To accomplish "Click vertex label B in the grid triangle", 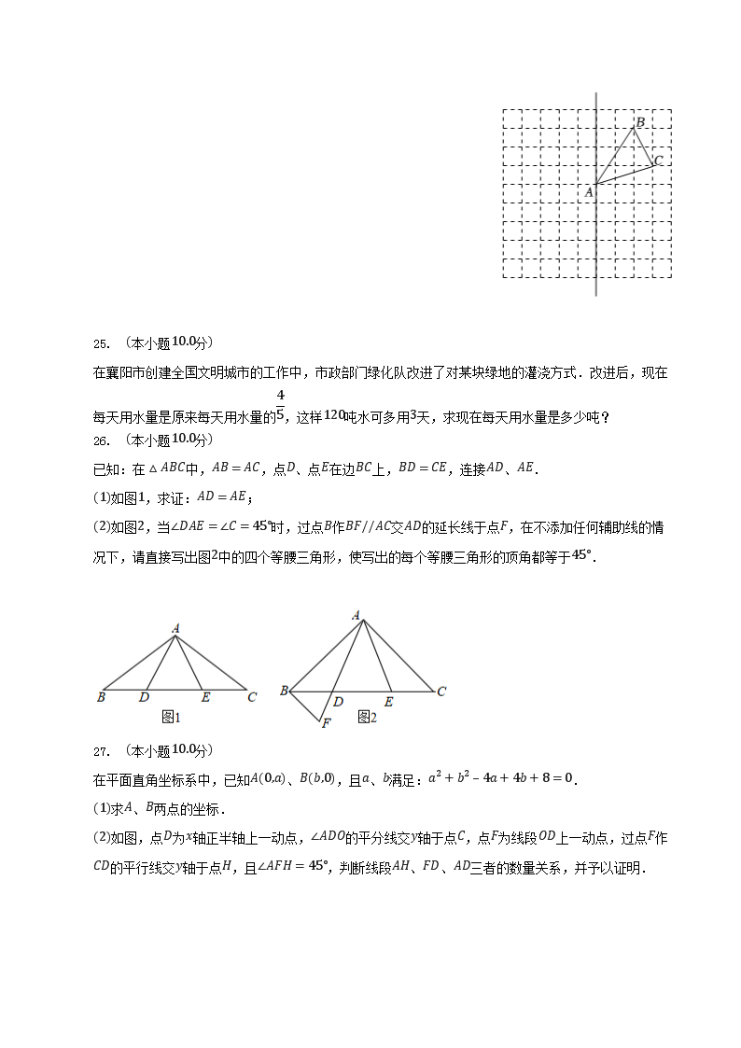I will tap(640, 122).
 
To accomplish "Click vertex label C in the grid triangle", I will tap(658, 161).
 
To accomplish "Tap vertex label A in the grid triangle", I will tap(588, 192).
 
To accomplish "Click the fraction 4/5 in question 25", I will tap(280, 407).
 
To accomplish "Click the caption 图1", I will tap(170, 717).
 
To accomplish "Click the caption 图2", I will tap(367, 717).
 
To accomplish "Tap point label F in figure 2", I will tap(326, 723).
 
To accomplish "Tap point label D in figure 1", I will tap(144, 697).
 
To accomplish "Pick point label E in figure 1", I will tap(204, 697).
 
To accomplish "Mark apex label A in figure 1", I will tap(175, 629).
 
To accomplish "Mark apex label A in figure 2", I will tap(357, 615).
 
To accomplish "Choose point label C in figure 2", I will tap(441, 692).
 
